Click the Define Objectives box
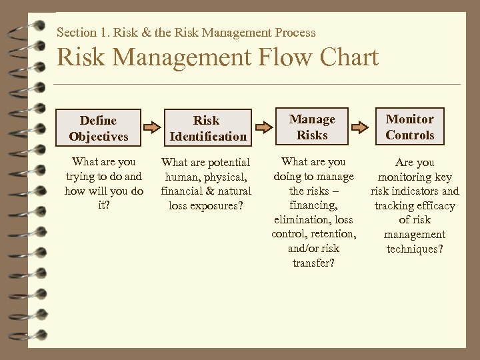coord(98,128)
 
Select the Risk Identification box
coord(206,128)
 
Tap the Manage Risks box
coord(312,127)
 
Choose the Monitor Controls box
coord(409,127)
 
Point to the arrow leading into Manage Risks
coord(261,127)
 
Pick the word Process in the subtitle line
coord(294,32)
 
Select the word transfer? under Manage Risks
coord(313,263)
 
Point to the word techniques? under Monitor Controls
coord(414,249)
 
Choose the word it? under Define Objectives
coord(104,205)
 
